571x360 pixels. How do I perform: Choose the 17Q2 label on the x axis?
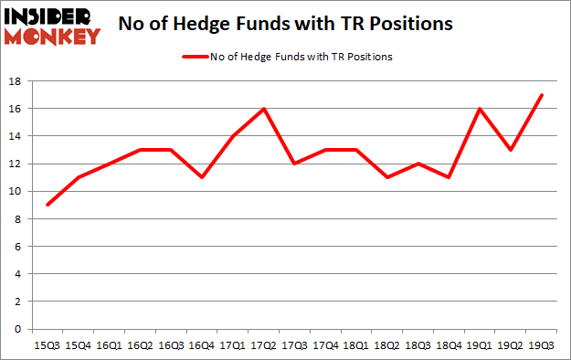coord(264,345)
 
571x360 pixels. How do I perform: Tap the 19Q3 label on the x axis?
coord(543,345)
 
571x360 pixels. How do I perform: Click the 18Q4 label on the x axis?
coord(449,345)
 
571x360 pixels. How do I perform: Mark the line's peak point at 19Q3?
coord(543,95)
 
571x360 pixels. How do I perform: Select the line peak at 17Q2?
coord(264,109)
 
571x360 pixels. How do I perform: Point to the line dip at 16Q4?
coord(202,177)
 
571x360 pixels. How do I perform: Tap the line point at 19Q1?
coord(481,109)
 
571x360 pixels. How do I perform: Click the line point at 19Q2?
coord(512,150)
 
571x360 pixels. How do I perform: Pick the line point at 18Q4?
coord(449,177)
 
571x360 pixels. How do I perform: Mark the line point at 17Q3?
coord(295,164)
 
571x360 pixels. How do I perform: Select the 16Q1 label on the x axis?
coord(109,345)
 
